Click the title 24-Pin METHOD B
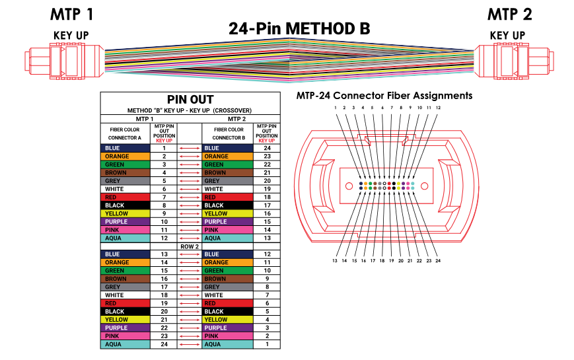[299, 28]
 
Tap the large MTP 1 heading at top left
[72, 14]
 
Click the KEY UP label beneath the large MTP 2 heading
[507, 35]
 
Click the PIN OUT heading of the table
[190, 99]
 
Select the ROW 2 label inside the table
[190, 246]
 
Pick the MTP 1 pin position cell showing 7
[164, 198]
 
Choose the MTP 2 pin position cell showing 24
[266, 149]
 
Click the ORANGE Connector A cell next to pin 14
[125, 262]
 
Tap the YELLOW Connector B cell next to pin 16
[227, 213]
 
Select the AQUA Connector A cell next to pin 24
[125, 344]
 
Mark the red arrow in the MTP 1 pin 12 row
[190, 238]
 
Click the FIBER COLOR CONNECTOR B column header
[227, 133]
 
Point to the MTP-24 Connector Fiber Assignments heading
[384, 96]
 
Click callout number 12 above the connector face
[438, 107]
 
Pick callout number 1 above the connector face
[336, 107]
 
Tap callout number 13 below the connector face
[336, 261]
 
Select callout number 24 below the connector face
[438, 261]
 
